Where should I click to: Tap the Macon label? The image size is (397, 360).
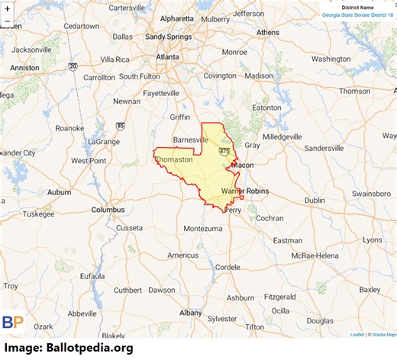point(242,165)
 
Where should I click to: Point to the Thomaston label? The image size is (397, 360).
point(175,159)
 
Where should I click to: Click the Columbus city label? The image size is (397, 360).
point(108,209)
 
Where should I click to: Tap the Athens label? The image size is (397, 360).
point(268,33)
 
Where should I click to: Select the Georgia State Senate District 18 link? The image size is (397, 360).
point(356,14)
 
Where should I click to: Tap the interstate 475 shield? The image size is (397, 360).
point(223,152)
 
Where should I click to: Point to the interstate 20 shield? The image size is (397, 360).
point(72,66)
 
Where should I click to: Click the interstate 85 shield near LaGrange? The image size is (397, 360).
point(121,125)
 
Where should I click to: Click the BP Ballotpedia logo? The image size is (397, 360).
point(12,323)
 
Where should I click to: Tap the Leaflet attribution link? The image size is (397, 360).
point(357,334)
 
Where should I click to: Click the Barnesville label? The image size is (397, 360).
point(191,140)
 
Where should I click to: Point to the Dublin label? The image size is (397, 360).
point(315,200)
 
